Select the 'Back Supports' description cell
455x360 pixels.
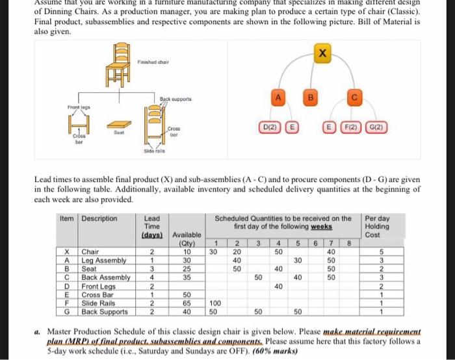coord(107,311)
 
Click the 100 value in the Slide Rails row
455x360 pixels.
coord(214,303)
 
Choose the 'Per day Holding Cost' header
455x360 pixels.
coord(380,226)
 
